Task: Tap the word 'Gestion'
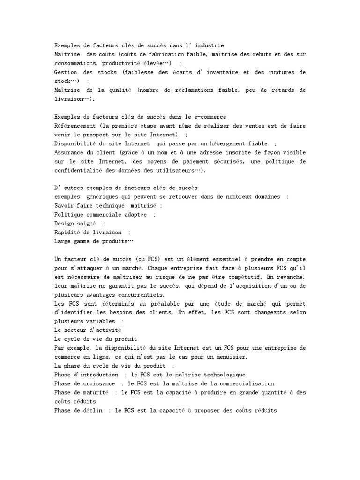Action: (66, 72)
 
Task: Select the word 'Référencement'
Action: (75, 126)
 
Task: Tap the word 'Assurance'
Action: (70, 152)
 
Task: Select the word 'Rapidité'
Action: (68, 232)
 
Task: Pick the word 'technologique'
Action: (222, 375)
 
